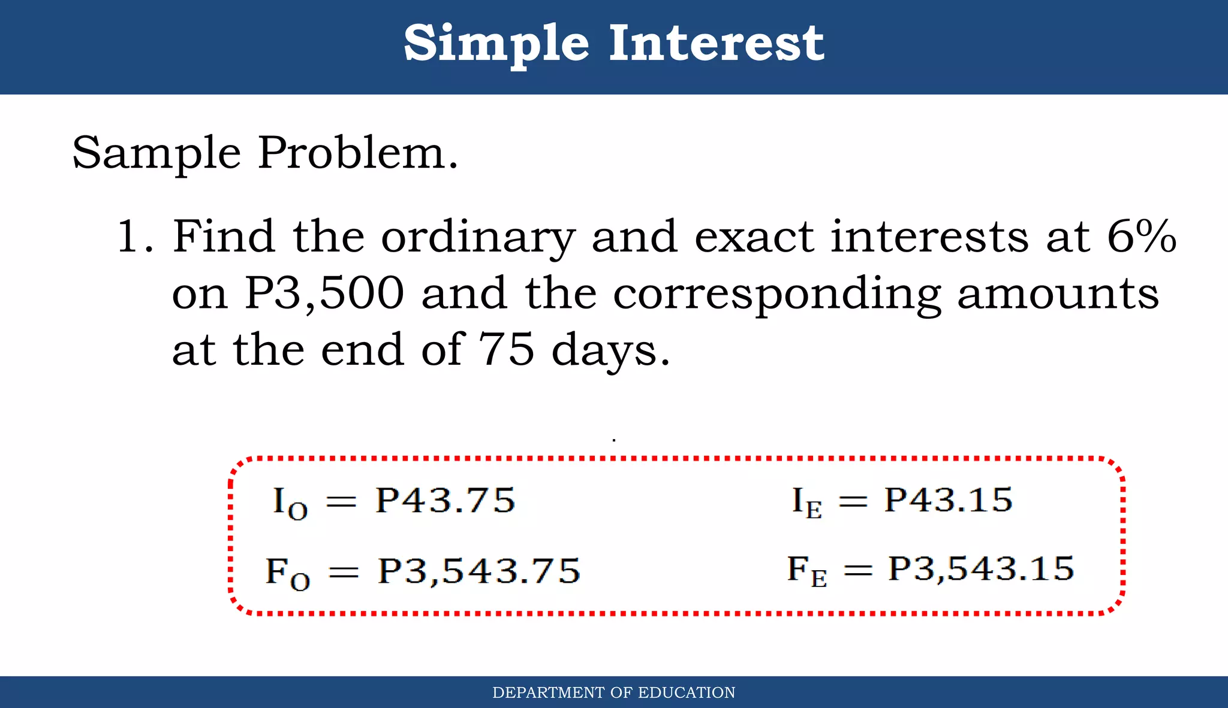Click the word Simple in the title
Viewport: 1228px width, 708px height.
pyautogui.click(x=496, y=43)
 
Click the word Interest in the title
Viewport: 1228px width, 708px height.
pyautogui.click(x=717, y=43)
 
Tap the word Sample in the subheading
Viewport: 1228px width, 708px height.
pyautogui.click(x=156, y=153)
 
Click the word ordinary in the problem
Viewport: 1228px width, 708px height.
pyautogui.click(x=478, y=238)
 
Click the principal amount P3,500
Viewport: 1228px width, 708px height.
pyautogui.click(x=324, y=294)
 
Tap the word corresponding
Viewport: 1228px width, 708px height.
pyautogui.click(x=776, y=295)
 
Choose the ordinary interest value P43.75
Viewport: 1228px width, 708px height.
pyautogui.click(x=445, y=500)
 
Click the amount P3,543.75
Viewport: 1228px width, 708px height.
pyautogui.click(x=478, y=571)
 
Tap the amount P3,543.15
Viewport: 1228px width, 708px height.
pyautogui.click(x=981, y=568)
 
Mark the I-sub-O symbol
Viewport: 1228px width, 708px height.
pyautogui.click(x=290, y=503)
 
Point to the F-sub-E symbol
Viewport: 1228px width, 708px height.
pyautogui.click(x=806, y=571)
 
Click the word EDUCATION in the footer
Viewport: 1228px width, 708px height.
pyautogui.click(x=687, y=692)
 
